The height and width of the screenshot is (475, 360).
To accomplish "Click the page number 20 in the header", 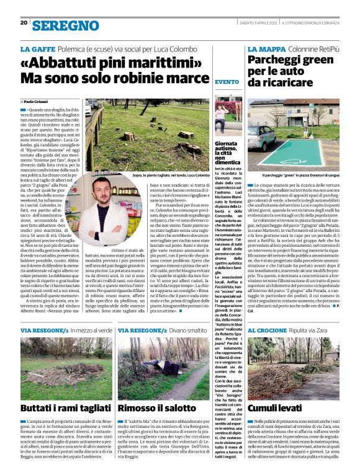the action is (24, 23).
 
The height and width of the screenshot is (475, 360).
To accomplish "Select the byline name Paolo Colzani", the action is (38, 101).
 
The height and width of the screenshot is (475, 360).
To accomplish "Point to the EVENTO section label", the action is (225, 82).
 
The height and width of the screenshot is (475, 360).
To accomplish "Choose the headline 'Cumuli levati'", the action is (273, 409).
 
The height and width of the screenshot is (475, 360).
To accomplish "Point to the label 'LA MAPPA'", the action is (265, 48).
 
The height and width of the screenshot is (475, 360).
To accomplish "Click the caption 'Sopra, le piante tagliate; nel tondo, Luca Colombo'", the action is (164, 175).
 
